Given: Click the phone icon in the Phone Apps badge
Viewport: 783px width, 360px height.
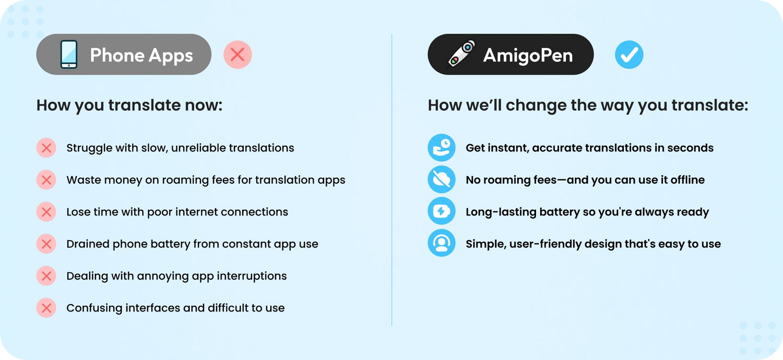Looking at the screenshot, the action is click(x=69, y=54).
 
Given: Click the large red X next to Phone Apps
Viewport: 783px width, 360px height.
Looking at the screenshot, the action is click(x=238, y=55).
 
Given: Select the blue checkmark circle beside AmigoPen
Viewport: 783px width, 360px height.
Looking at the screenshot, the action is click(x=629, y=55).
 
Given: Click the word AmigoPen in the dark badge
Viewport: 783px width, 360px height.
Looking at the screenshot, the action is click(x=528, y=55).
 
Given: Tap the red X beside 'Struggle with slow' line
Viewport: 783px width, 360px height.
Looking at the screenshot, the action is click(x=46, y=148).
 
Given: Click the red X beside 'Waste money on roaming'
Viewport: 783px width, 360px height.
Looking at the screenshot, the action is click(x=46, y=180).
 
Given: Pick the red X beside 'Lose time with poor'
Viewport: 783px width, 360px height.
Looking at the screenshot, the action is click(x=46, y=212).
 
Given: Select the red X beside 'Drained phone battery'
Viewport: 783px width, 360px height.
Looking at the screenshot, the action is click(x=46, y=244).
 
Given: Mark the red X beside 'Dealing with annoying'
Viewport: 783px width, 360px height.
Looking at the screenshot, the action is click(x=46, y=276).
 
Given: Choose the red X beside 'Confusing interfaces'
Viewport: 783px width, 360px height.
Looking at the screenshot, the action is click(x=46, y=308).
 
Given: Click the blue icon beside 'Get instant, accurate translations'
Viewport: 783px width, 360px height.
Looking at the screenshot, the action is click(x=442, y=148).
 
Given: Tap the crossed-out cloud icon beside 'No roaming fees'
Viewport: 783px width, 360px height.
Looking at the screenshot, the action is click(x=442, y=179).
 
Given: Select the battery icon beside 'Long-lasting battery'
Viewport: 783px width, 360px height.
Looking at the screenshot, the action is click(x=442, y=211).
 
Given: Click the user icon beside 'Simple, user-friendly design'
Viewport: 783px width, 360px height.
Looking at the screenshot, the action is click(x=442, y=243).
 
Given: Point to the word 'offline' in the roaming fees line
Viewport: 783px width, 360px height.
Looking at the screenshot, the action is click(x=687, y=179).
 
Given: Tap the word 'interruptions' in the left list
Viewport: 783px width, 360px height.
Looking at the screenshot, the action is click(x=252, y=276).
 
